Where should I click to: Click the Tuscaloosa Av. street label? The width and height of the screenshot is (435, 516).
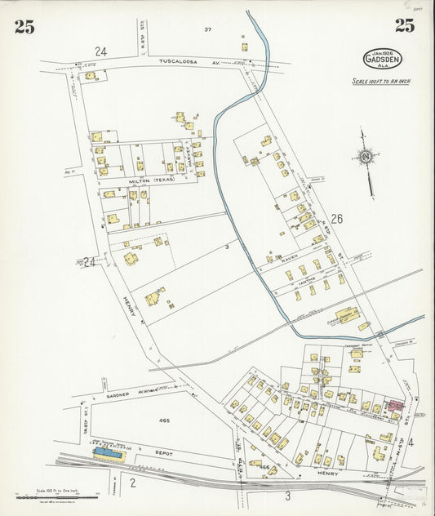(x=189, y=61)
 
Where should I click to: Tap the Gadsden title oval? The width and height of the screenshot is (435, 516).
(x=383, y=60)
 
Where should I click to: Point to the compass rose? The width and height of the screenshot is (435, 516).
(x=366, y=157)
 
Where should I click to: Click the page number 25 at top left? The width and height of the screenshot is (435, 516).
(x=24, y=26)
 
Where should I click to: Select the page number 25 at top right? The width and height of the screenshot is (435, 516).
(x=404, y=25)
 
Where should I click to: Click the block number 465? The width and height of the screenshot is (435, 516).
(x=164, y=420)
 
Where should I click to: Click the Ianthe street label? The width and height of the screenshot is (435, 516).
(x=307, y=276)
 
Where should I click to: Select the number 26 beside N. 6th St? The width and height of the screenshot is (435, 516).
(x=336, y=219)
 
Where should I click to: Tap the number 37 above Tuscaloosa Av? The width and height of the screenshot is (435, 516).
(x=207, y=29)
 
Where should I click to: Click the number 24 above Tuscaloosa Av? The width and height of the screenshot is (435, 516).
(x=100, y=51)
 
